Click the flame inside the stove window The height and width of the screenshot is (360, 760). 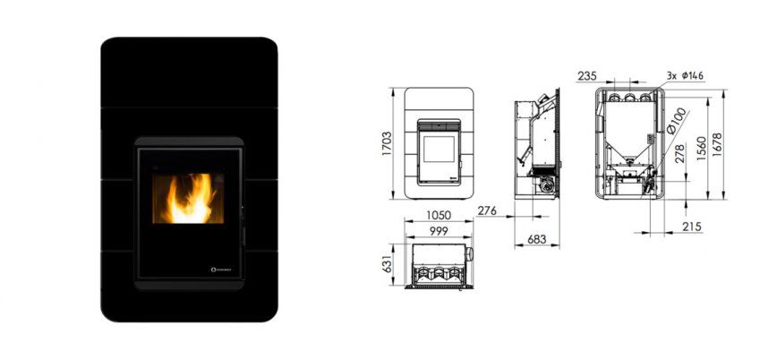coord(188,199)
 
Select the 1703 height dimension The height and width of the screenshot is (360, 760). coord(388,144)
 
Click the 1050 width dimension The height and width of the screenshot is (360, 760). coord(439,216)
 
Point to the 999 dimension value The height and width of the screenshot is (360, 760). coord(438,231)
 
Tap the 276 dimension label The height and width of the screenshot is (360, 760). coord(487,211)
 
